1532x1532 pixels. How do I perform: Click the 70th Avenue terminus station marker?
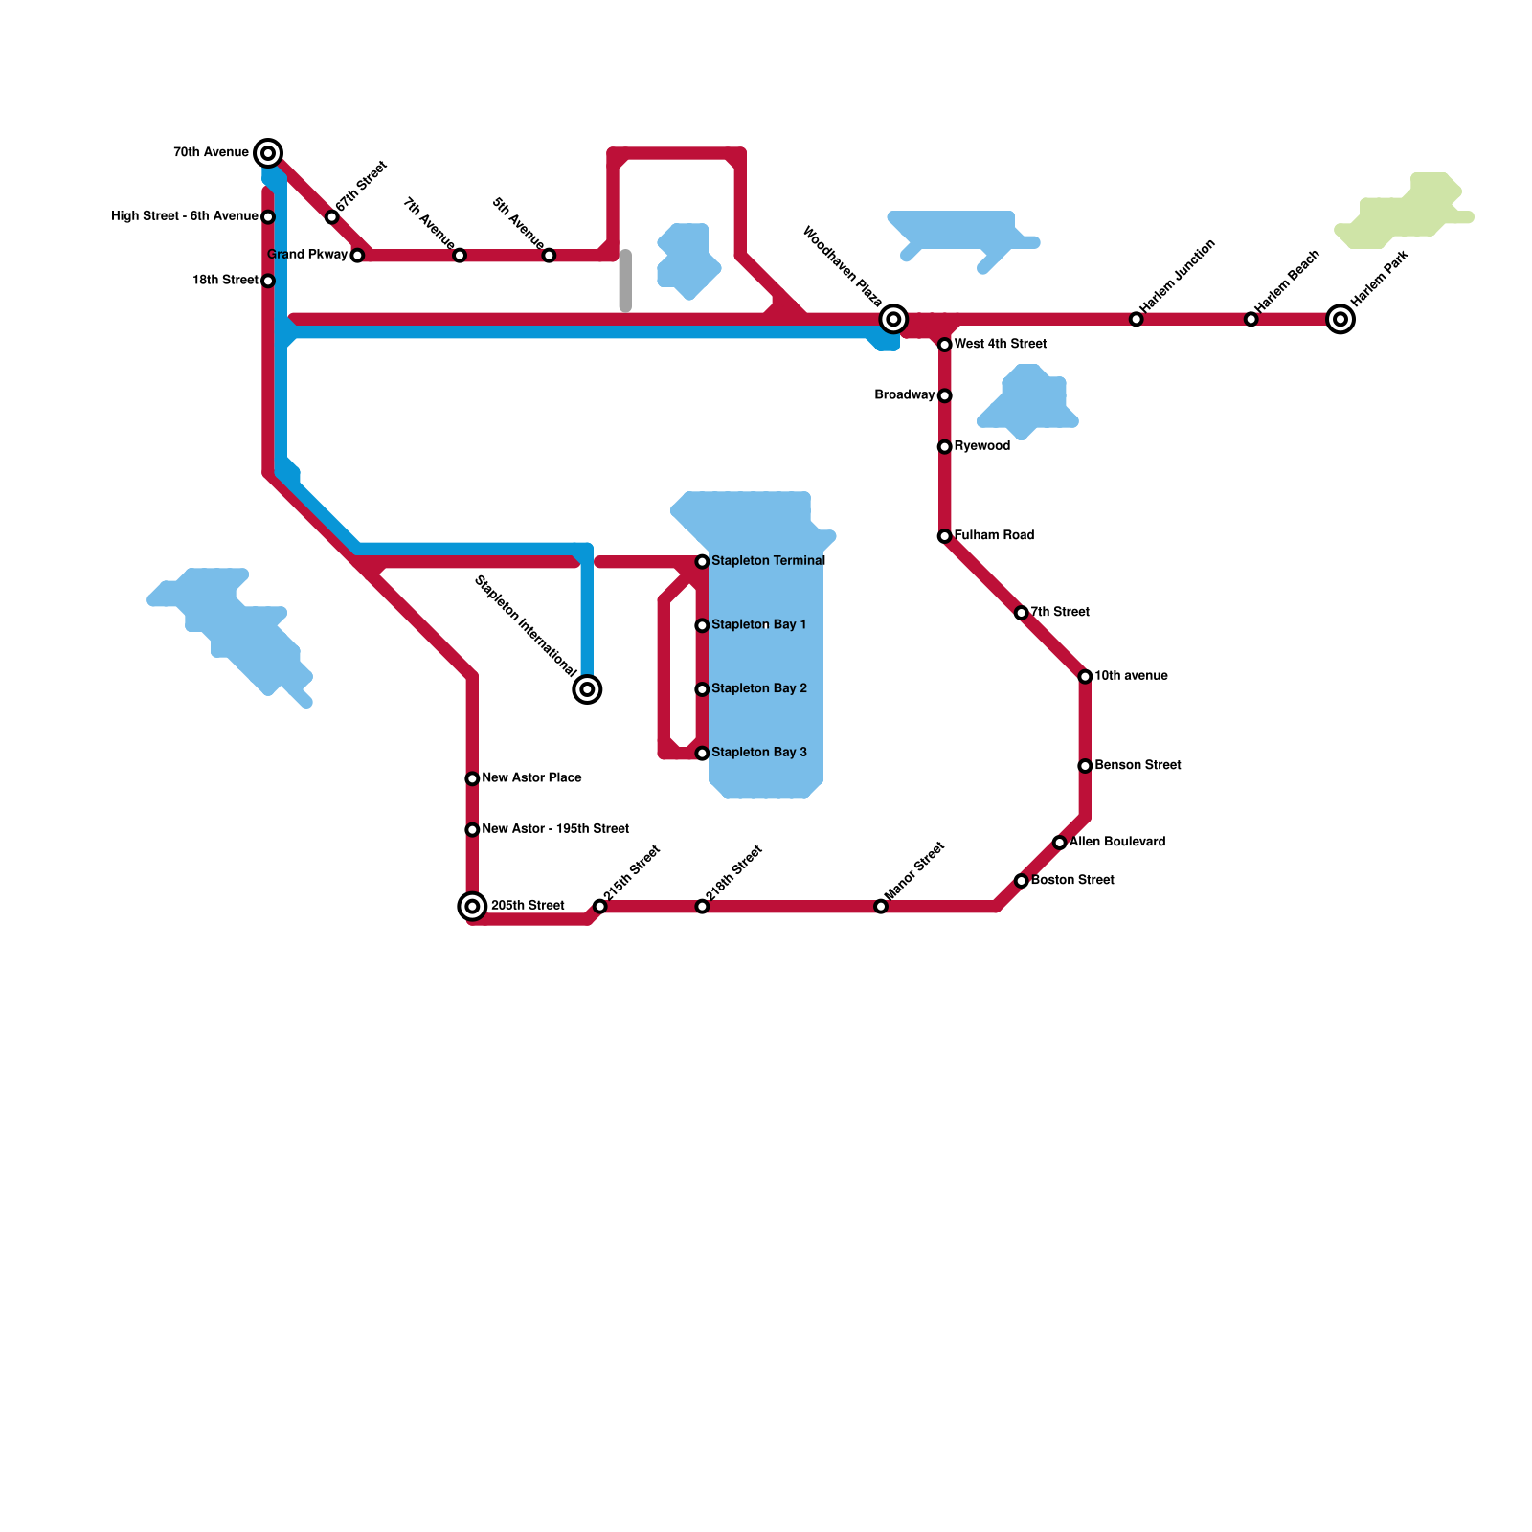(x=269, y=153)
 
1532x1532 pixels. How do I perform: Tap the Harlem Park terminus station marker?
(x=1340, y=319)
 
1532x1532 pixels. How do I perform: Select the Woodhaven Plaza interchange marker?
(x=893, y=319)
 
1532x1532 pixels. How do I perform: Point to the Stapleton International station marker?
(x=587, y=689)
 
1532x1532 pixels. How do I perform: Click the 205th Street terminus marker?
(x=472, y=906)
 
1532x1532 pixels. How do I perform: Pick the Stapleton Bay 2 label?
(x=758, y=688)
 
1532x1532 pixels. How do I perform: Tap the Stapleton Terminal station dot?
(x=702, y=561)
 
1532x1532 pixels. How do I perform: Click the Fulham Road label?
(x=994, y=535)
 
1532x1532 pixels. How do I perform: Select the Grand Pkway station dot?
(x=357, y=256)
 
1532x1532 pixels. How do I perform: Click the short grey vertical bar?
(x=625, y=281)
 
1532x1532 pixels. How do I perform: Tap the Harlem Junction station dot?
(x=1136, y=319)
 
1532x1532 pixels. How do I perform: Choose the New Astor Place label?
(x=531, y=777)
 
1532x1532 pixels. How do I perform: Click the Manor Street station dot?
(x=881, y=906)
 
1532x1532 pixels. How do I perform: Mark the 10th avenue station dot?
(x=1085, y=677)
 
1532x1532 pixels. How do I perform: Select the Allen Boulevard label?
(x=1116, y=842)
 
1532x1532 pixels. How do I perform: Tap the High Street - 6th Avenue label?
(x=185, y=216)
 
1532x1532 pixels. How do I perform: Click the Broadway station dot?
(x=944, y=395)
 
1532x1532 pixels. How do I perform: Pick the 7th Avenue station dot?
(x=460, y=256)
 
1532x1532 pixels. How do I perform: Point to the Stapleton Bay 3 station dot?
(x=702, y=754)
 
